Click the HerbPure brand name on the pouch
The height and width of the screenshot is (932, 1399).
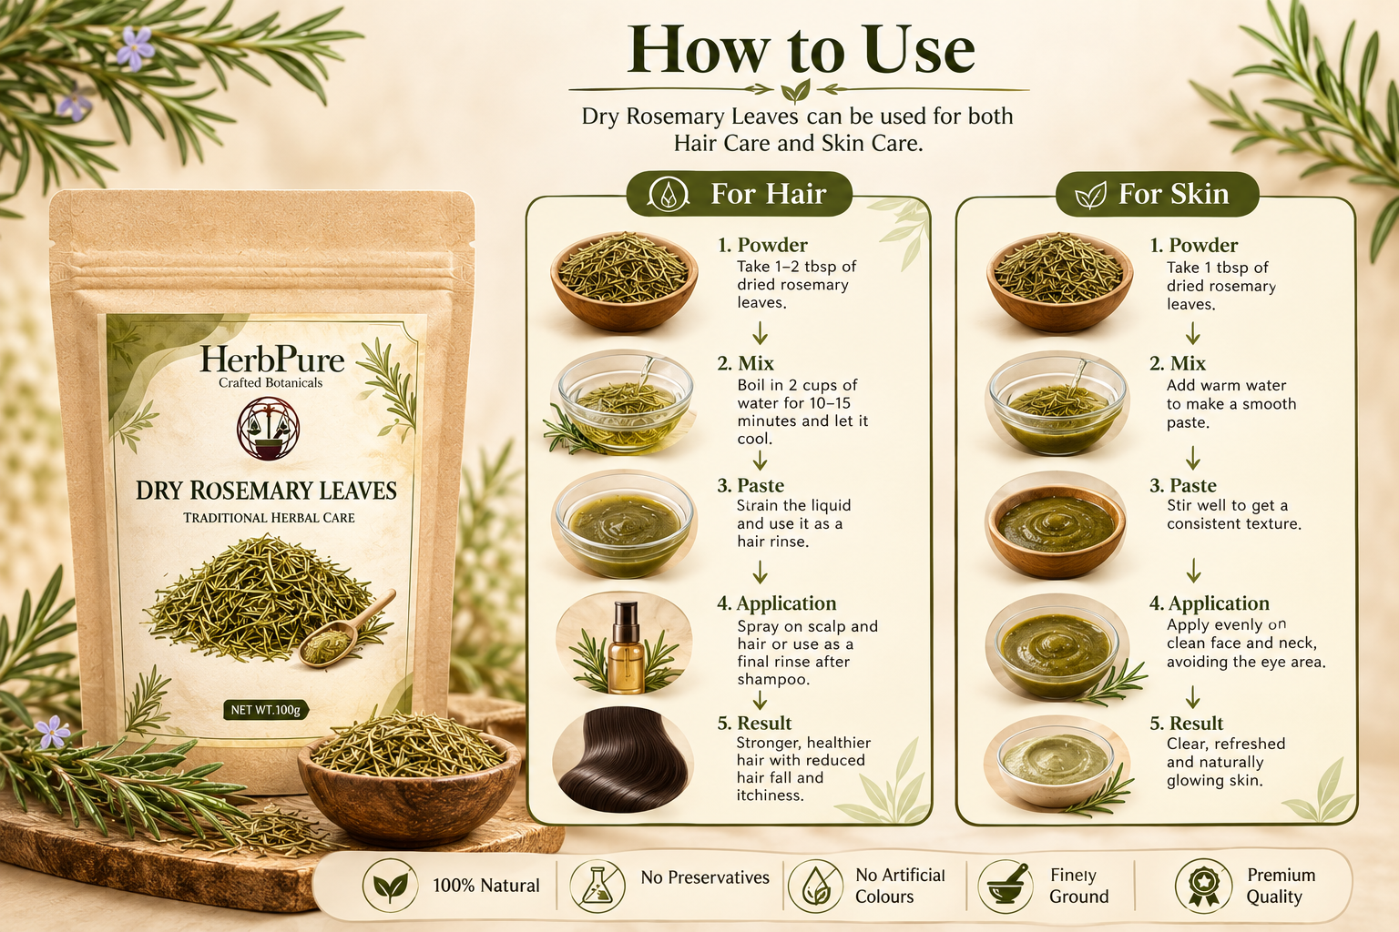(271, 360)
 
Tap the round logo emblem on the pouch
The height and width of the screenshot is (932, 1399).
(269, 429)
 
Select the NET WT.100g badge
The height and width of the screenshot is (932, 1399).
(265, 710)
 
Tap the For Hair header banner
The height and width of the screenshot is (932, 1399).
(740, 194)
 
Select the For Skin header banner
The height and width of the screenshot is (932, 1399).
(1157, 194)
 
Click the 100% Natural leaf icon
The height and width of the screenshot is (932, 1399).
(391, 886)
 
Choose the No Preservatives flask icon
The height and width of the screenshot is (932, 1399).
(597, 886)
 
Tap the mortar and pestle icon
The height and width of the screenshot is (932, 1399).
(1006, 886)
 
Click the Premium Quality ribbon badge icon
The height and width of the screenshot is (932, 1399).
(1203, 886)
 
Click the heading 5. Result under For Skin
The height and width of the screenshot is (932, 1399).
(1187, 723)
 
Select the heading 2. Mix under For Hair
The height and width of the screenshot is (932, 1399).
(746, 363)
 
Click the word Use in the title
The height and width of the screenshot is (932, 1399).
(921, 50)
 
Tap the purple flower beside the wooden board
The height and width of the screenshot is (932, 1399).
(53, 732)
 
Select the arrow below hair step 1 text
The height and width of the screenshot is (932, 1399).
(760, 333)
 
